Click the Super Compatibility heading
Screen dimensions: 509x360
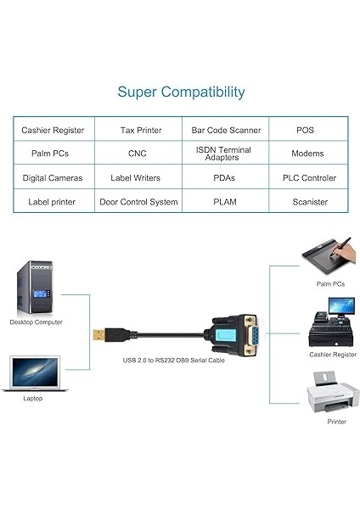tap(181, 92)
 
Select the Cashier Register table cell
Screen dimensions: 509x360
tap(52, 130)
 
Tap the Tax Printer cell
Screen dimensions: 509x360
tap(138, 130)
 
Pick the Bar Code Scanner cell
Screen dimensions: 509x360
tap(224, 130)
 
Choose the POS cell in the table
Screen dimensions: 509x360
tap(305, 130)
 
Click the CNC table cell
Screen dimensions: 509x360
tap(138, 154)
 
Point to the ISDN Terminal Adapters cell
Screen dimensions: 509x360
tap(224, 154)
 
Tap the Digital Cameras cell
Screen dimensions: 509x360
tap(52, 178)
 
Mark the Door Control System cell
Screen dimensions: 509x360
tap(138, 202)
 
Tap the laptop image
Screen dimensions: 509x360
tap(37, 373)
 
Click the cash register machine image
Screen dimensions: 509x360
tap(331, 328)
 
